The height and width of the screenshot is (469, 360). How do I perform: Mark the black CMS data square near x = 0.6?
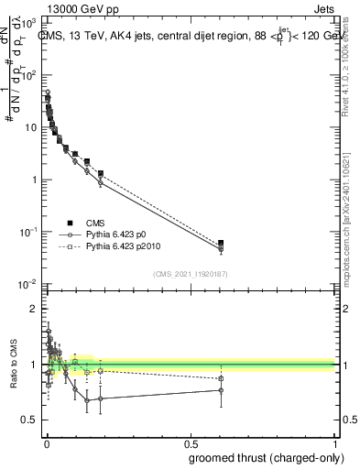[221, 243]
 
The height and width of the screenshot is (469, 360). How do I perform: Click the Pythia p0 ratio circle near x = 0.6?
[221, 390]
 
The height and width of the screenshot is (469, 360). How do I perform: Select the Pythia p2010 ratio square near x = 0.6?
[221, 378]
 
